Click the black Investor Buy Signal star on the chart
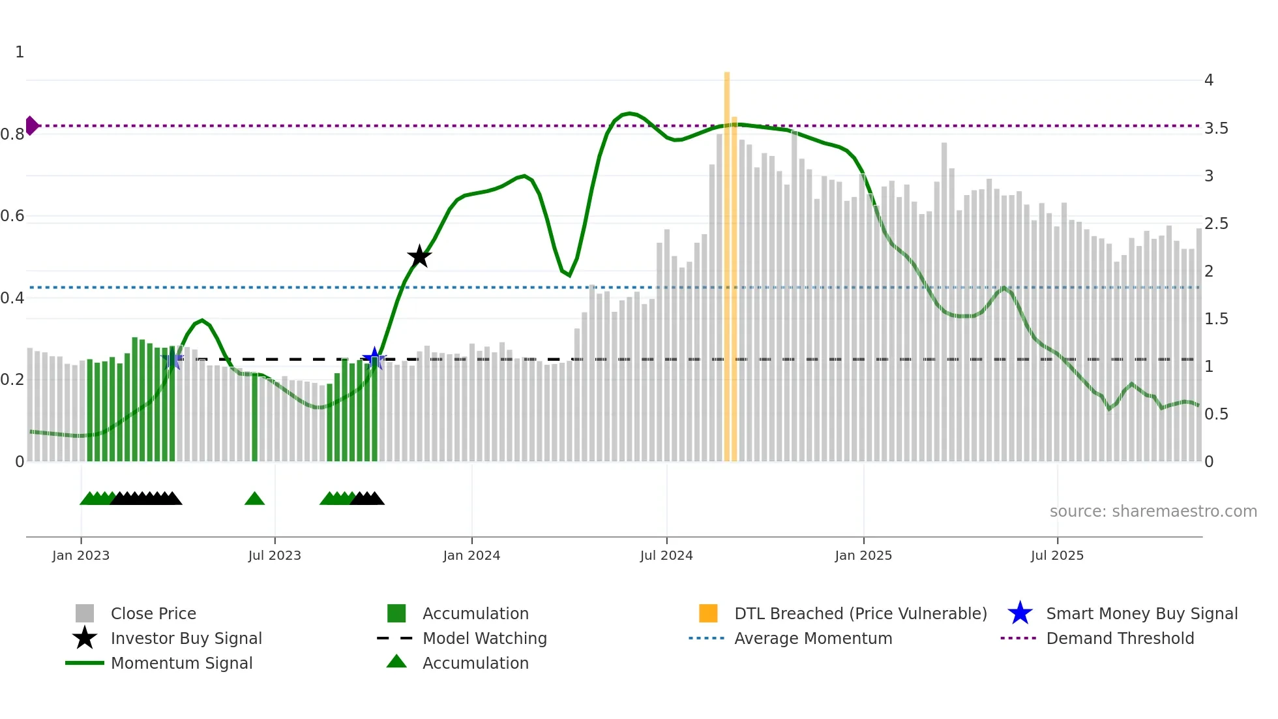point(419,256)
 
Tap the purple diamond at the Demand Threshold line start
point(31,125)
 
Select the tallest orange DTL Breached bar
point(727,261)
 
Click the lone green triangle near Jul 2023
point(254,499)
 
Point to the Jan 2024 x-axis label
point(471,556)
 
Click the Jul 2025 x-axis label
point(1057,556)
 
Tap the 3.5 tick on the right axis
point(1216,129)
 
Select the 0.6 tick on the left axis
point(12,216)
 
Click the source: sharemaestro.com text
point(1153,512)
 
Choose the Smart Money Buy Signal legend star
point(1020,613)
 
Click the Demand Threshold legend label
point(1120,639)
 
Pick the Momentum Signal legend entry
point(181,664)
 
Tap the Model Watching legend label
point(484,639)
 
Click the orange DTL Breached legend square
point(708,613)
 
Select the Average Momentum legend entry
point(813,639)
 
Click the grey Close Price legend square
point(85,613)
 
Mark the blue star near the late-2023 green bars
point(374,358)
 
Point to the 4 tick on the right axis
point(1209,80)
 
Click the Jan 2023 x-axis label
point(81,556)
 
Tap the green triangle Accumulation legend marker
point(396,662)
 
